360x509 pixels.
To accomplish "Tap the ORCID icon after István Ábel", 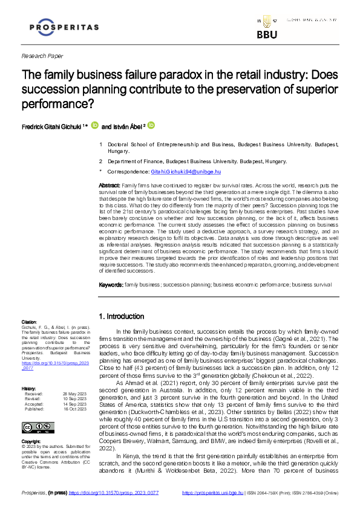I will click(x=151, y=126).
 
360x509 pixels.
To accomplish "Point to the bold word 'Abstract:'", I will click(x=110, y=184).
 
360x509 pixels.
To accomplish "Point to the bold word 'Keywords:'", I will click(x=111, y=284).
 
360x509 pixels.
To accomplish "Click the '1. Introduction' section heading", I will click(x=121, y=316).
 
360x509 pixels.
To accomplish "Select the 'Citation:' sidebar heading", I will click(x=29, y=322).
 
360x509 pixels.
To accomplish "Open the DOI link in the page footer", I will click(x=114, y=493).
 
